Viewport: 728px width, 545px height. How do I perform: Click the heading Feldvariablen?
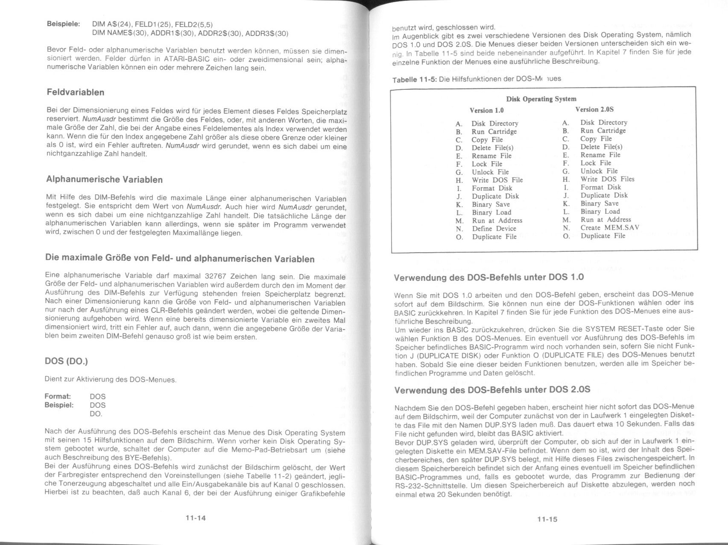pos(75,92)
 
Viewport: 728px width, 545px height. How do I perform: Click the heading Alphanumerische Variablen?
pos(104,180)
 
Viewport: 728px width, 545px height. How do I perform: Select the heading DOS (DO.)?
pos(66,361)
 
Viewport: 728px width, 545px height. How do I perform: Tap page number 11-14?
pos(196,518)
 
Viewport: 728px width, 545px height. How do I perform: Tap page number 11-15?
pos(547,519)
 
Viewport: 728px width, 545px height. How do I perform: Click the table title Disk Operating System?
pos(541,99)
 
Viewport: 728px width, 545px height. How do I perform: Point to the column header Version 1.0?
pos(487,110)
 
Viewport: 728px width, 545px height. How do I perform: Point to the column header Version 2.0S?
pos(594,109)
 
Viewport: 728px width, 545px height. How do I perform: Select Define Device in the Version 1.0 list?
pos(494,229)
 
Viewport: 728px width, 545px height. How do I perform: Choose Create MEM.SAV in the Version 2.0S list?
pos(610,228)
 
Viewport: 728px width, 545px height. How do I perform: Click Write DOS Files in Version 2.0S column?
pos(607,179)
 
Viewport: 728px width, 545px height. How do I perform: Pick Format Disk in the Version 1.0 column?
pos(492,188)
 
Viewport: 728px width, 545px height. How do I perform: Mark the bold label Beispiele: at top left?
pos(63,24)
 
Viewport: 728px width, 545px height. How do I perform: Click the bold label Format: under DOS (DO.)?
pos(58,397)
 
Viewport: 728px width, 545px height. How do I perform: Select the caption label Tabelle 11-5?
pos(414,80)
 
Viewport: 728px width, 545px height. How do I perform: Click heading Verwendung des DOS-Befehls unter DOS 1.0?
pos(488,277)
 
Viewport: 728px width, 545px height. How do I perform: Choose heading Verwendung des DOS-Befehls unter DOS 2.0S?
pos(492,390)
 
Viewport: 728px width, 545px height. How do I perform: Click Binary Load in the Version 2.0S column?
pos(600,212)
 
